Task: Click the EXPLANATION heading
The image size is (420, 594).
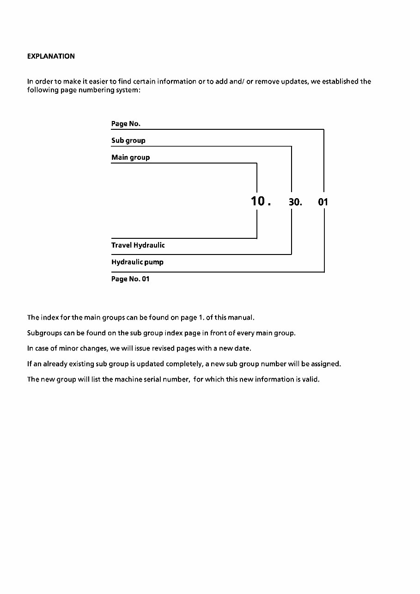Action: (51, 56)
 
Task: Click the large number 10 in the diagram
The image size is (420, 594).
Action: (257, 201)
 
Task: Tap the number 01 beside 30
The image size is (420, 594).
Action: (323, 202)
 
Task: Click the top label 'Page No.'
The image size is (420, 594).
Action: (126, 123)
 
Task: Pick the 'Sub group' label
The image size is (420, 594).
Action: (128, 140)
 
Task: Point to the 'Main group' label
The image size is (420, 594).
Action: (130, 158)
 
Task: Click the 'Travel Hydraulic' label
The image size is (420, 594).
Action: (138, 245)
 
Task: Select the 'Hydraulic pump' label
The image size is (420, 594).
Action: (137, 262)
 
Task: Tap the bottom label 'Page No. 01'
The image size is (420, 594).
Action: (130, 279)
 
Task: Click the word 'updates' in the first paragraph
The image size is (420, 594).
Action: (294, 82)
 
